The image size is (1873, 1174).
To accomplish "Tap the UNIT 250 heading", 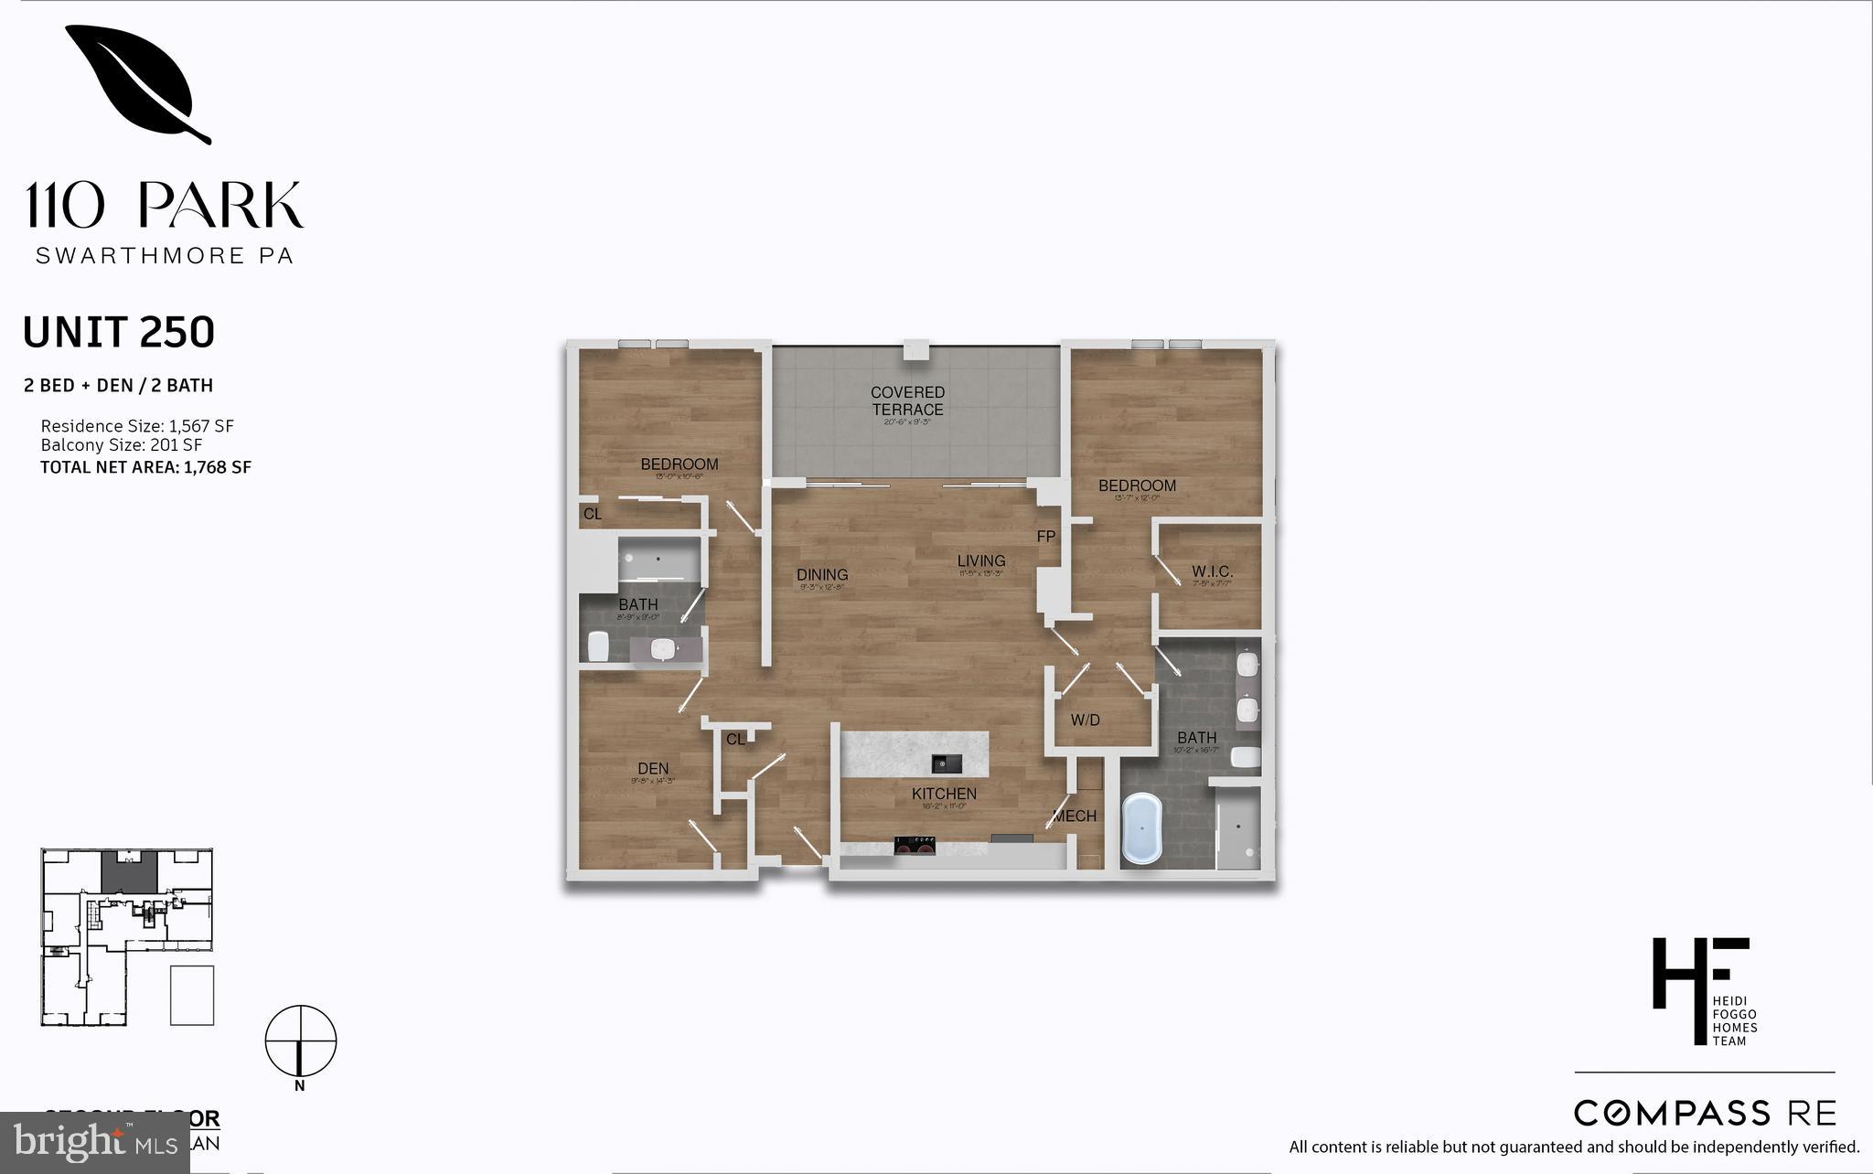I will click(119, 332).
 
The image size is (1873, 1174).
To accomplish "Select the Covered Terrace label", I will click(907, 401).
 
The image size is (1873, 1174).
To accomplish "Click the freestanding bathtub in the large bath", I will click(1141, 828).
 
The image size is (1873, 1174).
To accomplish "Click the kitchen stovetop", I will click(916, 846).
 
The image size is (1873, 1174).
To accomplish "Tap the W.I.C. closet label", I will click(1212, 572).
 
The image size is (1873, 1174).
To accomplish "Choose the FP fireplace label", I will click(1046, 537).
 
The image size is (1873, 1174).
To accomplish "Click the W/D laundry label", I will click(1085, 720).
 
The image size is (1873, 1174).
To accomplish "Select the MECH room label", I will click(1075, 816).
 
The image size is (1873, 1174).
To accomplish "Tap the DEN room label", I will click(653, 769).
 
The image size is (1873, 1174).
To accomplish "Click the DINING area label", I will click(822, 575).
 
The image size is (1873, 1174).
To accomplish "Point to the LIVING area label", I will click(981, 561).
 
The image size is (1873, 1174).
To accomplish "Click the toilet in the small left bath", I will click(598, 646).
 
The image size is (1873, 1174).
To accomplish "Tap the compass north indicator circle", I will click(301, 1041).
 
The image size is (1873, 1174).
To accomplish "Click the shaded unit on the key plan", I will click(129, 872).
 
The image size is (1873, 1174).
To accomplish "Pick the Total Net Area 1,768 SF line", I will click(145, 467).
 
